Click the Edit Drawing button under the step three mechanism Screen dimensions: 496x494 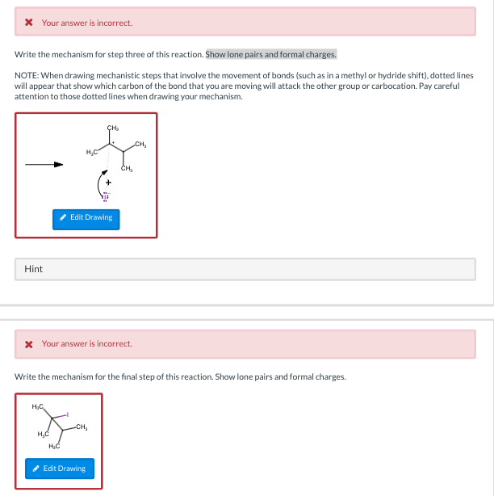pos(86,218)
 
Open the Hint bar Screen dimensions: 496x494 pos(33,269)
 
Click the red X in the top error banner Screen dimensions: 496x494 pos(29,23)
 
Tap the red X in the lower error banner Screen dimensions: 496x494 pos(29,343)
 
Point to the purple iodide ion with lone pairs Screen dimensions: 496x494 pos(103,195)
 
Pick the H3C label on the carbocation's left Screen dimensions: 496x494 pos(91,152)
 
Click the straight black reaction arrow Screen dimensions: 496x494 pos(44,164)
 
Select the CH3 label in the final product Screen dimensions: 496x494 pos(81,427)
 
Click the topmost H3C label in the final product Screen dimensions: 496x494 pos(37,406)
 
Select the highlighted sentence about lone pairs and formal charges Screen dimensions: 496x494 pos(271,54)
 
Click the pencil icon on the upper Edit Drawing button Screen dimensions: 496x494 pos(63,218)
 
